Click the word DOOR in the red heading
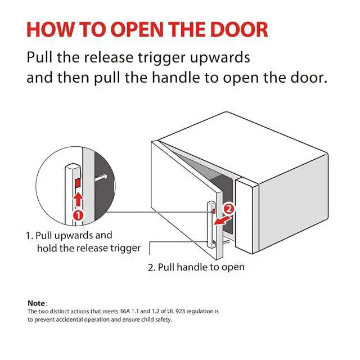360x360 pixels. pos(239,30)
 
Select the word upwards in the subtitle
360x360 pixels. pos(220,57)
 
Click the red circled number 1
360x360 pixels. pos(78,215)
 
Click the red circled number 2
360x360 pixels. pos(229,209)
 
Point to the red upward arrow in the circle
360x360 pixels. pos(79,200)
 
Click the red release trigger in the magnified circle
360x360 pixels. pos(78,183)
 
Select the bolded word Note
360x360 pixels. pos(36,303)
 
